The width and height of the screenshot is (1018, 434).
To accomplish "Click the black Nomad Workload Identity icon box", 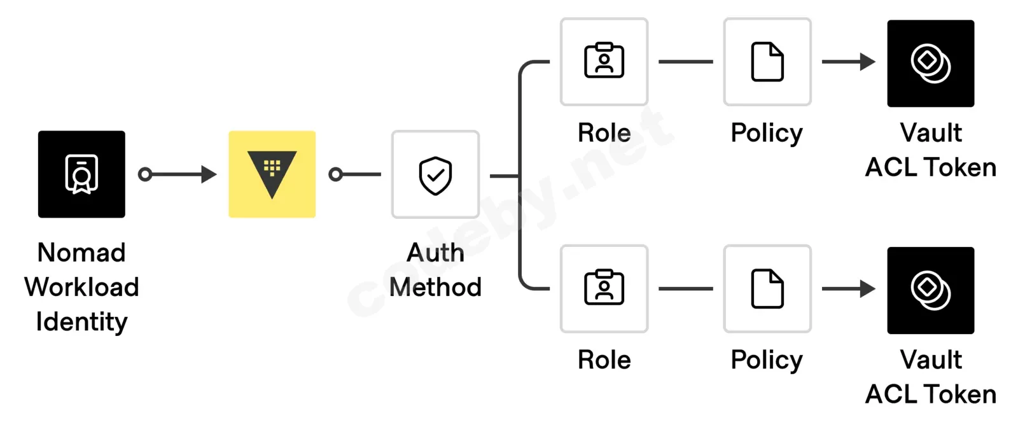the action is [x=81, y=174].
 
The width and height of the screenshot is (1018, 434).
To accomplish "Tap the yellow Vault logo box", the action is [x=272, y=174].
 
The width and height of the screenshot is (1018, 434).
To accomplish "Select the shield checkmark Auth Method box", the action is [x=435, y=174].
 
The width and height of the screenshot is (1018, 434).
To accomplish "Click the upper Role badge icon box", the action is [x=604, y=62].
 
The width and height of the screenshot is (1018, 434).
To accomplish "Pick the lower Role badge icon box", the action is [x=604, y=288].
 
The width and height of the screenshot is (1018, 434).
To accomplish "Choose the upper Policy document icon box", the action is [x=767, y=62].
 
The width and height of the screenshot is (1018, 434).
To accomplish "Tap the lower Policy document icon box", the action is [x=767, y=288].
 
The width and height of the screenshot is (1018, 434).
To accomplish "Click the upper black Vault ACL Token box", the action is [x=931, y=63].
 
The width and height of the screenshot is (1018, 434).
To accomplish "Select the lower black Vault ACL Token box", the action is [x=931, y=290].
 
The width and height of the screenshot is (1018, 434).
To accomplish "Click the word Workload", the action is [x=82, y=287].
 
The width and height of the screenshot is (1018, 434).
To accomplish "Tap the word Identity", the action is [x=82, y=323].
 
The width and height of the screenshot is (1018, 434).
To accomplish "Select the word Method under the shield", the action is [x=435, y=287].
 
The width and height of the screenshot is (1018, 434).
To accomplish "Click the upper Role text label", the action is [x=604, y=133].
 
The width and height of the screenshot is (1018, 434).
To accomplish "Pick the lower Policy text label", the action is [x=767, y=361].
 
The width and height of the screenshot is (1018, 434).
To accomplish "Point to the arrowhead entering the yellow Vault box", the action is [x=209, y=174].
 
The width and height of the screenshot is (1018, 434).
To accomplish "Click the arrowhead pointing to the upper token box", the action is [x=868, y=62].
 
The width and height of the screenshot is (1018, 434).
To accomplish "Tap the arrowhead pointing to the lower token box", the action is [x=868, y=288].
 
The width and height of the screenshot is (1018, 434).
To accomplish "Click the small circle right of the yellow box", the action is [x=335, y=174].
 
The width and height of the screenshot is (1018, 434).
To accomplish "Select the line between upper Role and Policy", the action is [x=686, y=62].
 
